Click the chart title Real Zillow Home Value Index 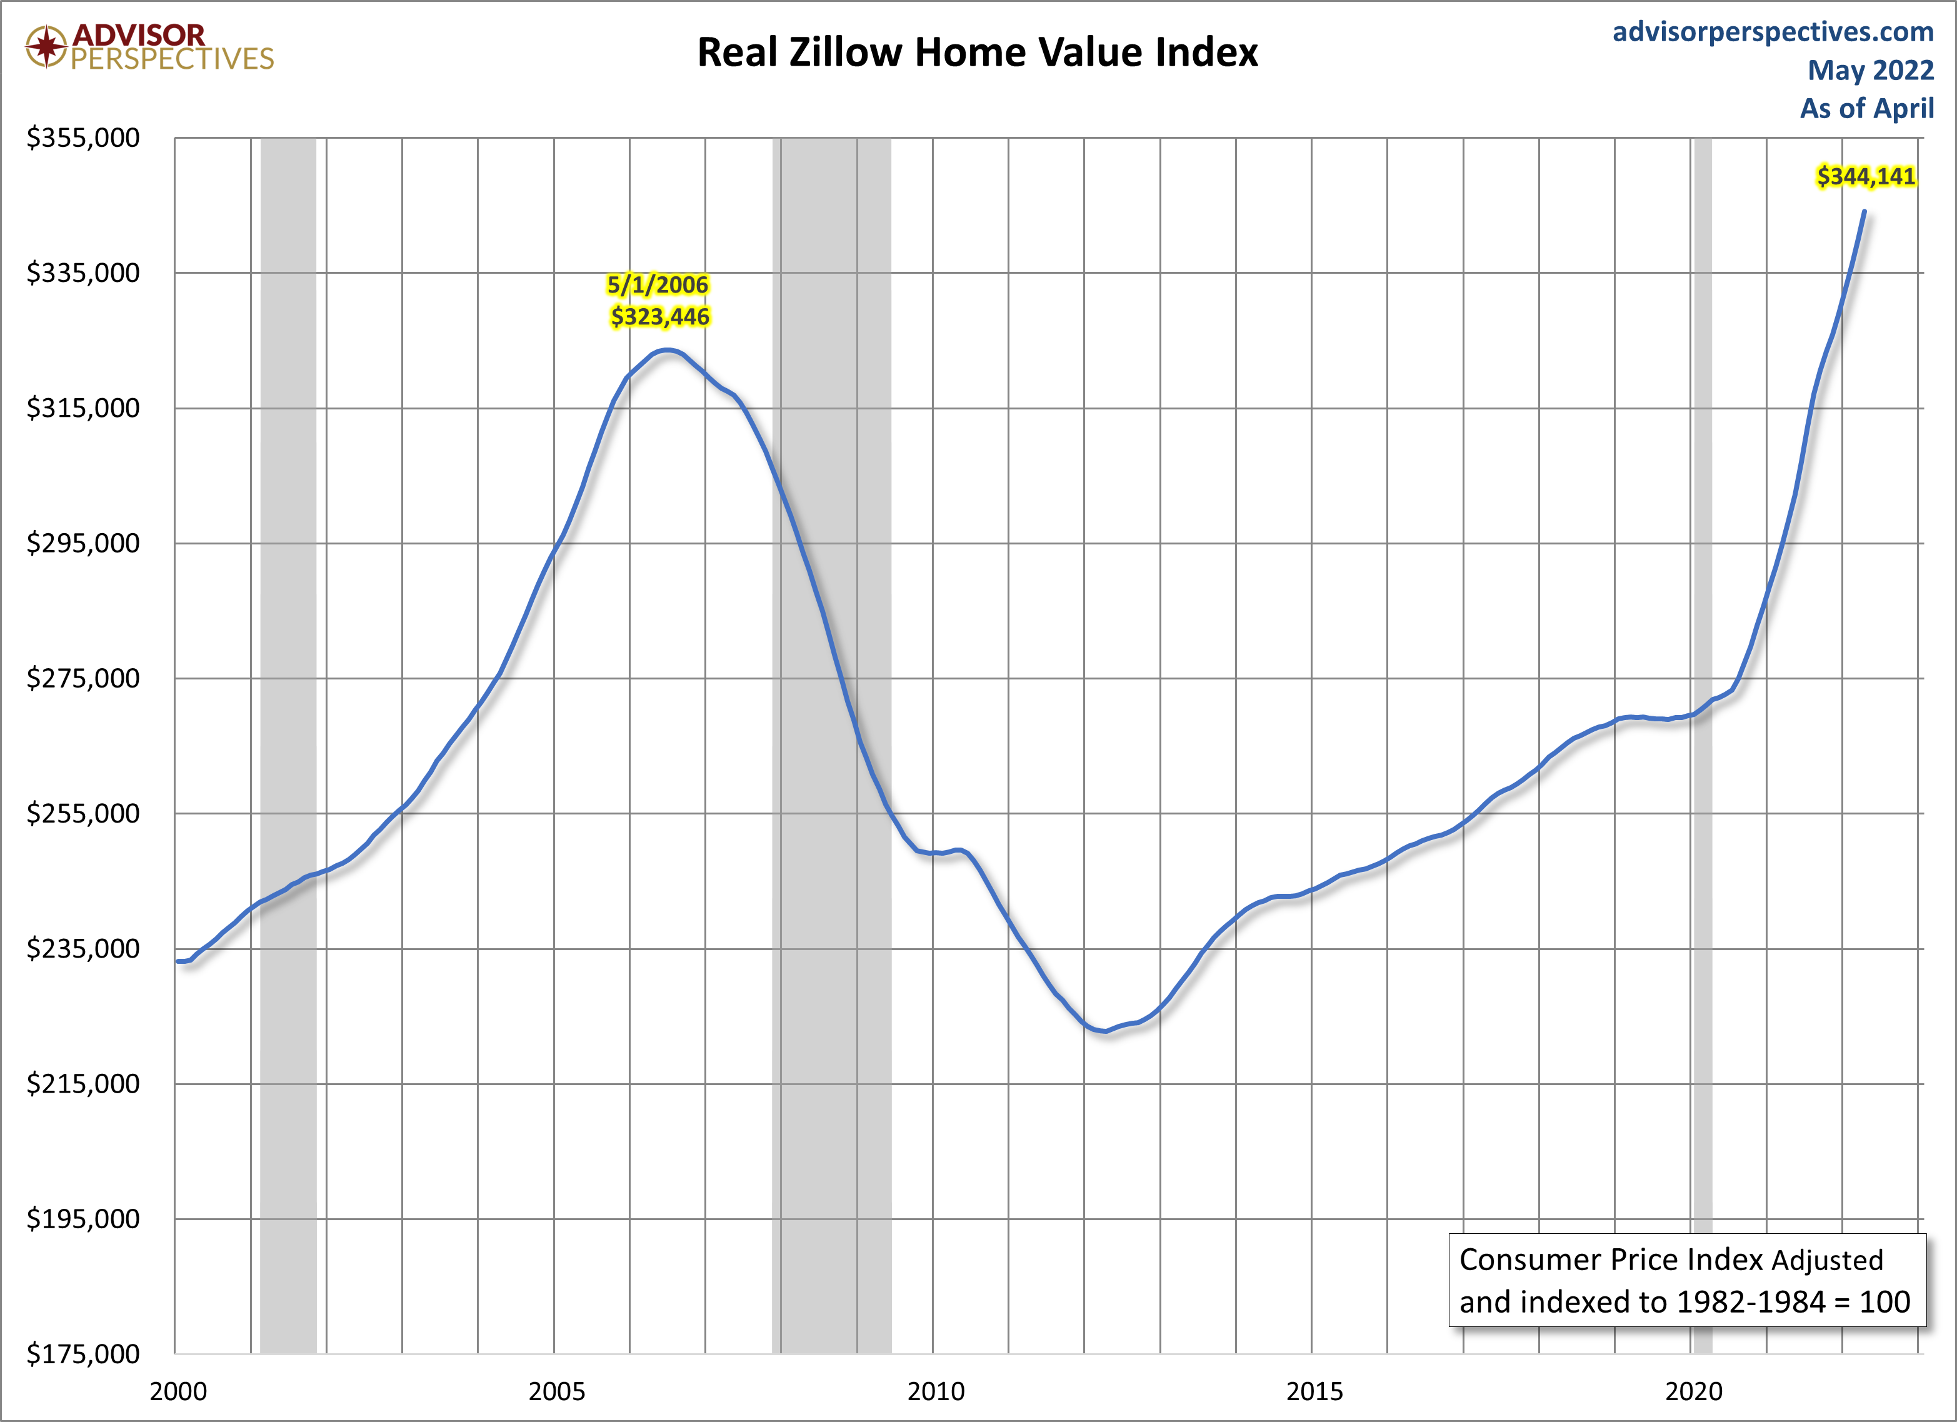(x=977, y=53)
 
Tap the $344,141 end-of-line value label (x=1866, y=177)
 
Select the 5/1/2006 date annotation (x=658, y=285)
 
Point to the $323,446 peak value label (x=660, y=317)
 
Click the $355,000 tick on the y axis (x=83, y=138)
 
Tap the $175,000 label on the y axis (x=83, y=1354)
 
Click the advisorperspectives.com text (x=1773, y=32)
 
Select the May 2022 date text (x=1871, y=70)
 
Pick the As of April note (x=1867, y=108)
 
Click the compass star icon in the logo (x=47, y=46)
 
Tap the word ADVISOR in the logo (x=139, y=34)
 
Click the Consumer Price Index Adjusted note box (x=1687, y=1281)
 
